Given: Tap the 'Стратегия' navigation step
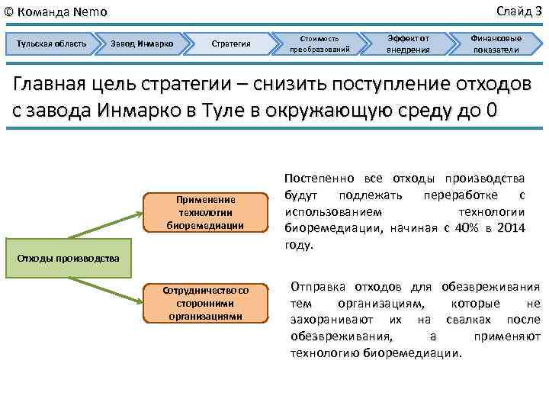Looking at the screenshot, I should (x=230, y=43).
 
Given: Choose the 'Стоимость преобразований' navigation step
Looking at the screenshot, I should (x=319, y=43).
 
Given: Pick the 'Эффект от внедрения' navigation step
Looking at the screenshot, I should (x=408, y=43).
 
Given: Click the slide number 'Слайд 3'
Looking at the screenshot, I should (x=518, y=10).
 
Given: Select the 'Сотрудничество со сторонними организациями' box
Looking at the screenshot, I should (x=206, y=303).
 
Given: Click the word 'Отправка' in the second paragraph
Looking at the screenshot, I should (x=318, y=287).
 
